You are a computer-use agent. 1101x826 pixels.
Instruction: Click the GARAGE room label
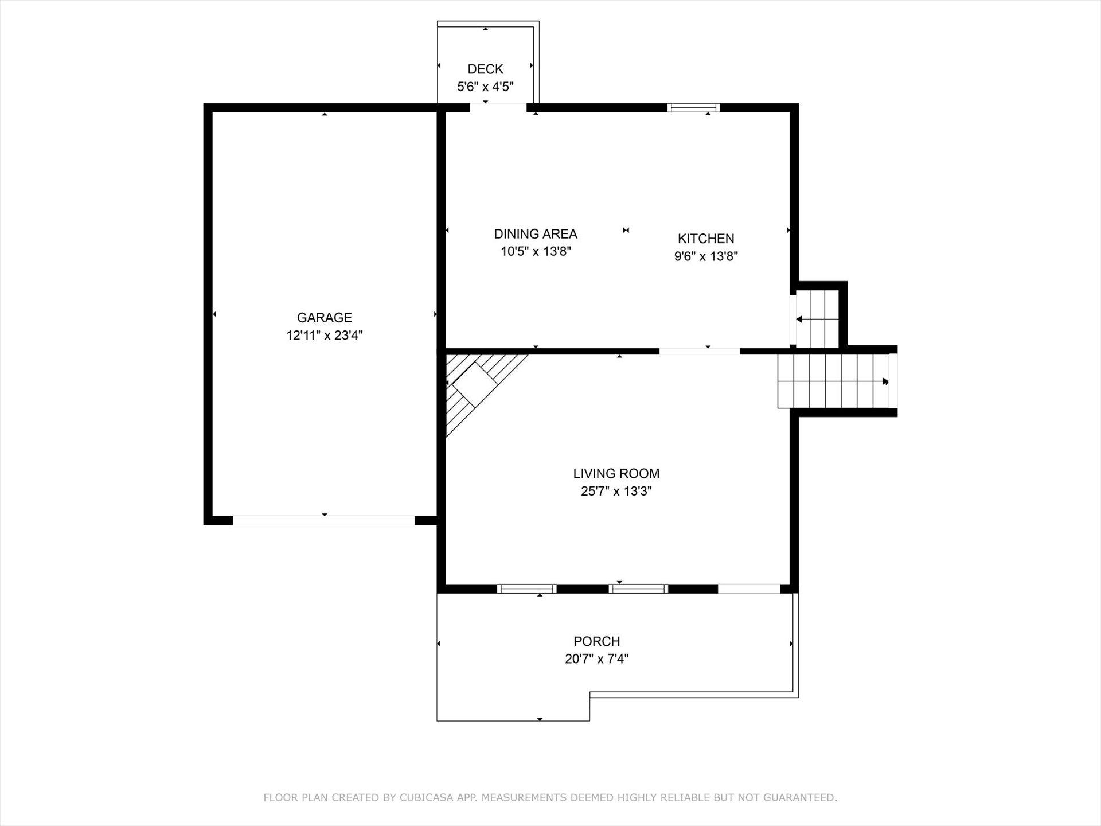[324, 317]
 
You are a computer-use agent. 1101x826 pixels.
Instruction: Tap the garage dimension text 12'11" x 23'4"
[325, 335]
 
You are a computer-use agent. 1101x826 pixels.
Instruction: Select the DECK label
[485, 69]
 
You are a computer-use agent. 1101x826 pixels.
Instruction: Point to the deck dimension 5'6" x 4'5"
[485, 87]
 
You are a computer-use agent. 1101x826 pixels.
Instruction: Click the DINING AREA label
[536, 233]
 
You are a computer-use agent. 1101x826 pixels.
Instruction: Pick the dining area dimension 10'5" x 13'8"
[536, 251]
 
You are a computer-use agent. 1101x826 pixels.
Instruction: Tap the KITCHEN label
[706, 238]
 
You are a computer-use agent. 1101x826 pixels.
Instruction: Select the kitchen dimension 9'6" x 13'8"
[706, 256]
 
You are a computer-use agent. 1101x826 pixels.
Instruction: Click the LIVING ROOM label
[616, 473]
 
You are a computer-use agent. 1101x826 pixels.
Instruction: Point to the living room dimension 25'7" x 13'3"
[616, 491]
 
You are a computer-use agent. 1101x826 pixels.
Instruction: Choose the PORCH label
[597, 641]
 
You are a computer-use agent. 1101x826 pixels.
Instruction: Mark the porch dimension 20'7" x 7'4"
[597, 659]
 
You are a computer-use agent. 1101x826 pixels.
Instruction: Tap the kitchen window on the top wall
[693, 107]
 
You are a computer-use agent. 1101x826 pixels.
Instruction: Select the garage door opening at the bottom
[323, 520]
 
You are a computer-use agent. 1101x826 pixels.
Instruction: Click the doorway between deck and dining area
[498, 107]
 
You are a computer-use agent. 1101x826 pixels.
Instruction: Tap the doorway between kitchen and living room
[700, 351]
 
